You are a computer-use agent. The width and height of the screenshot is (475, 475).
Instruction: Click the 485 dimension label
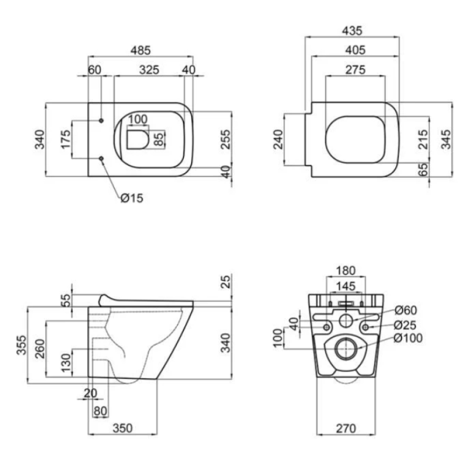[140, 50]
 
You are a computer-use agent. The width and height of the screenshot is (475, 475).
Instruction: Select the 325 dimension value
[149, 70]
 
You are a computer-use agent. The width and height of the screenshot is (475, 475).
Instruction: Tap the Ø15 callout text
[132, 198]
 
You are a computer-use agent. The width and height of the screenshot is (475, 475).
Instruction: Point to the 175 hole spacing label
[66, 139]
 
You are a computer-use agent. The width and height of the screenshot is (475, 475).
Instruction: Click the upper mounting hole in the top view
[101, 120]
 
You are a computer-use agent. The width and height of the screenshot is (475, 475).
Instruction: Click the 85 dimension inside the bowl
[159, 139]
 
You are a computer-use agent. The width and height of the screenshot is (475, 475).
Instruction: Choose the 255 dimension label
[225, 139]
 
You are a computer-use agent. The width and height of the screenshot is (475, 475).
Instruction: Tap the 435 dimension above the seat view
[352, 31]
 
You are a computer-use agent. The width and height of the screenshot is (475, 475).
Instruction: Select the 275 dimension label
[355, 70]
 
